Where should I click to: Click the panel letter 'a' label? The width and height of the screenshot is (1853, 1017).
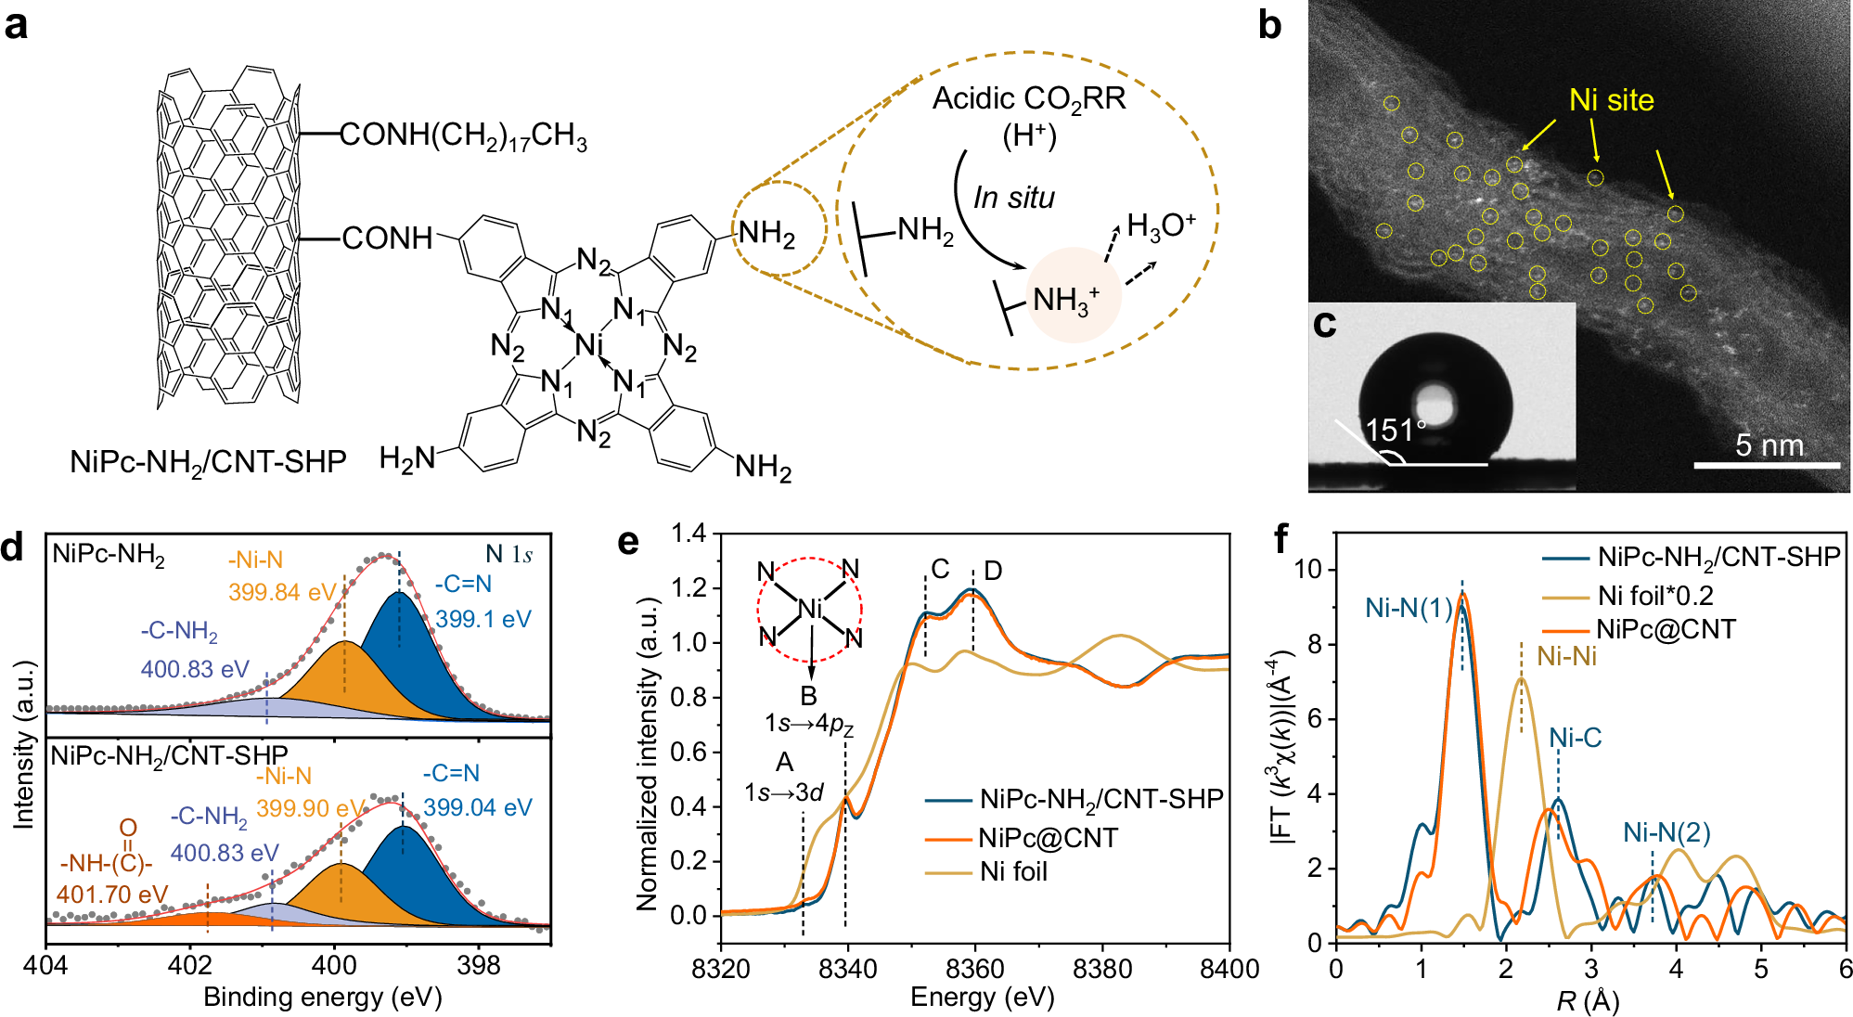click(16, 25)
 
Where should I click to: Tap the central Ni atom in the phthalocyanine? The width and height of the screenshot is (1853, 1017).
click(589, 345)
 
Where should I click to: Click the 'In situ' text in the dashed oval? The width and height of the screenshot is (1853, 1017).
click(1013, 198)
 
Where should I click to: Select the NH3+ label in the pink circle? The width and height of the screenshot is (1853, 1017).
click(1065, 300)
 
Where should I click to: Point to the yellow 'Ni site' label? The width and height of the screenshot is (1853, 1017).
click(1611, 100)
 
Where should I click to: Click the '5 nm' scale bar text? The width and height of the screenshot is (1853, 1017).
click(1769, 445)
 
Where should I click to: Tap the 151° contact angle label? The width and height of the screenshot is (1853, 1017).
click(1395, 430)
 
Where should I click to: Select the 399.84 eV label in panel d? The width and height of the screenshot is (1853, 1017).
click(282, 592)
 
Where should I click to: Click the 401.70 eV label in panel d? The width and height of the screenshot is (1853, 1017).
click(112, 895)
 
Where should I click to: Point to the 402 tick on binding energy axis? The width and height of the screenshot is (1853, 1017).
click(189, 966)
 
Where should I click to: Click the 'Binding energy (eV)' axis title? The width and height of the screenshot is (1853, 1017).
click(322, 998)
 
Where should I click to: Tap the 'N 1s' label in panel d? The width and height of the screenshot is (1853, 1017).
click(508, 555)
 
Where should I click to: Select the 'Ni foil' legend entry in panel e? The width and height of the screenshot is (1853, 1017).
click(1013, 872)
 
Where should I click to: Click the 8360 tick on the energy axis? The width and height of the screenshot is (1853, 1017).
click(974, 970)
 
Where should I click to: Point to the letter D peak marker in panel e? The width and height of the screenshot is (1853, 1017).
click(993, 571)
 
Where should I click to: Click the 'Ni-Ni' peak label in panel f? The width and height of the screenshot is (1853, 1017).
click(1566, 657)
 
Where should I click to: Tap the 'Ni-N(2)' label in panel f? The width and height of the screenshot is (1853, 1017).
click(1666, 832)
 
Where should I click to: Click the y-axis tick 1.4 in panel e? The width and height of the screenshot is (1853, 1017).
click(689, 534)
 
